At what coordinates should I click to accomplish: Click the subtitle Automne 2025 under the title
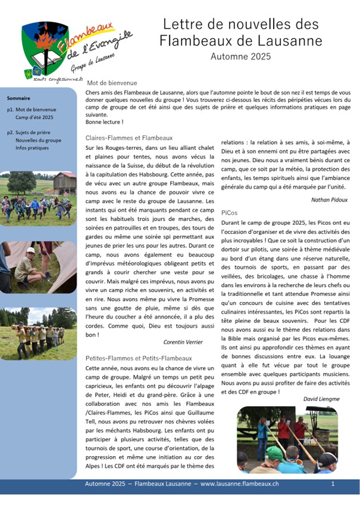(240, 56)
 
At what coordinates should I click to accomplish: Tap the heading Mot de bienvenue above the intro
(112, 83)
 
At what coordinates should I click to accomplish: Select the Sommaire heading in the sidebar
(18, 98)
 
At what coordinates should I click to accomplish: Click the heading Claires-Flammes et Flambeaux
(129, 138)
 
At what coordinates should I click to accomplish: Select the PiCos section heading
(229, 212)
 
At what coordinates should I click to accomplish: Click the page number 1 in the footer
(333, 485)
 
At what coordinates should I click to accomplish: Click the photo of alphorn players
(287, 439)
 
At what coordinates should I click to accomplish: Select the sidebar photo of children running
(38, 197)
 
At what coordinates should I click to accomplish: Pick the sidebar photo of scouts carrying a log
(38, 335)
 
